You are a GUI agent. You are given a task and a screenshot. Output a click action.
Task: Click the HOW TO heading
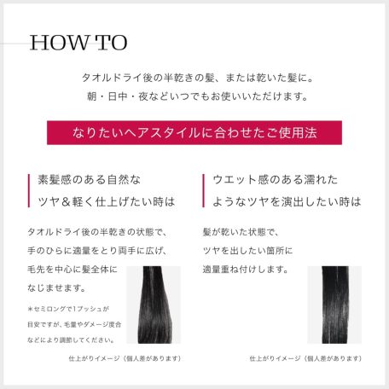click(78, 43)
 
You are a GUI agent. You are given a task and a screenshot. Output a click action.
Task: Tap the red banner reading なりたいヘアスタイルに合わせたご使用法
click(194, 133)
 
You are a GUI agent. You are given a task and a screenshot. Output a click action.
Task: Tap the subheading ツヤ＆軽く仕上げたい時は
click(107, 202)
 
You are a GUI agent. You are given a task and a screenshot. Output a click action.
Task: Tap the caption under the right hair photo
click(302, 359)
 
